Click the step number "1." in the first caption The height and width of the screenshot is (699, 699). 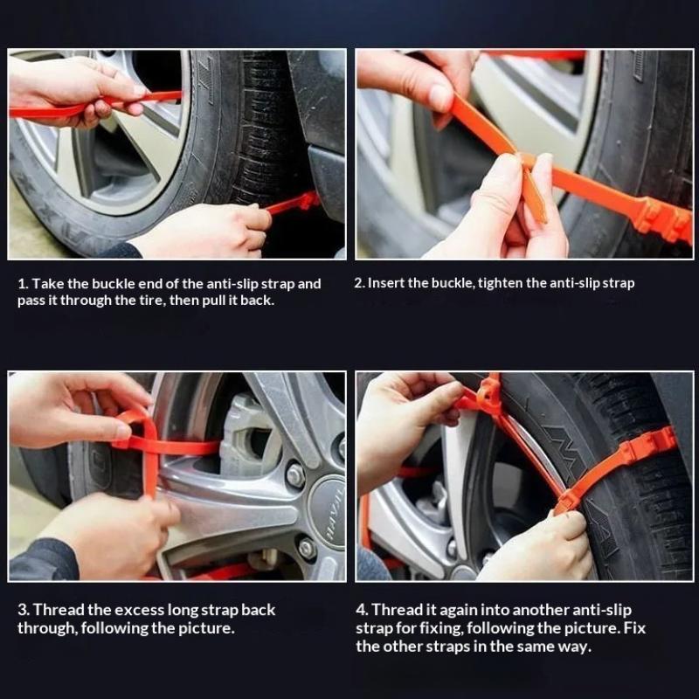tap(24, 284)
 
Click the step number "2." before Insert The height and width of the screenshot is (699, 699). tap(360, 283)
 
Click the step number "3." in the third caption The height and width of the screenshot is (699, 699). tap(24, 610)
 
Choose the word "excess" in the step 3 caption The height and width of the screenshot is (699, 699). tap(142, 610)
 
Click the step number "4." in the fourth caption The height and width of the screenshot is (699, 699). tap(363, 610)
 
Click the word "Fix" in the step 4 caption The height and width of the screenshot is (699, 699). tap(635, 628)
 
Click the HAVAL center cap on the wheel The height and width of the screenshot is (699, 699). tap(329, 512)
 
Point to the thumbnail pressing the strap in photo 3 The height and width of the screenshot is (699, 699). tap(122, 431)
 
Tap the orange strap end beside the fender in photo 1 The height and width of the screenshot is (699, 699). tap(294, 203)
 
